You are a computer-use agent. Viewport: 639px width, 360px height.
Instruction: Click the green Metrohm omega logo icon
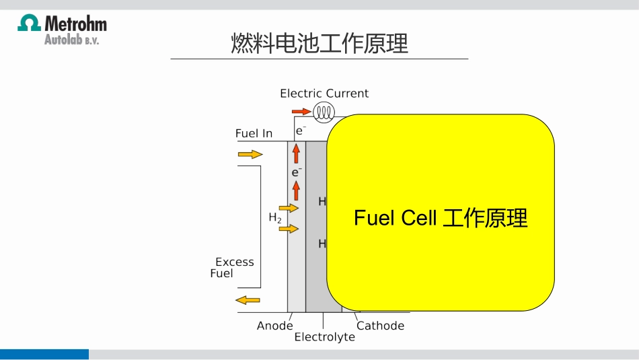[x=29, y=24]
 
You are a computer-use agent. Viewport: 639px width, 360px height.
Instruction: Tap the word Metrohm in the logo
[x=75, y=24]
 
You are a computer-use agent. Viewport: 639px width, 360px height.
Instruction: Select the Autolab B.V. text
[x=71, y=40]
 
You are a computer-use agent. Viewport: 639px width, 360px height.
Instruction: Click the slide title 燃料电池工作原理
[x=319, y=44]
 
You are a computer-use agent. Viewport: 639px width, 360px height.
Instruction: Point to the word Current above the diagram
[x=347, y=94]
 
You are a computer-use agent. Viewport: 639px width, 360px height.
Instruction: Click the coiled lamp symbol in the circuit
[x=324, y=111]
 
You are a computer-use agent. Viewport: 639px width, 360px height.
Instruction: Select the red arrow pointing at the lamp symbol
[x=301, y=111]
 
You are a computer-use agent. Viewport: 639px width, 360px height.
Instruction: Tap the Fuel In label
[x=254, y=133]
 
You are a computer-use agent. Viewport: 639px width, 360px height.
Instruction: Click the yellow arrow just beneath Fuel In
[x=250, y=155]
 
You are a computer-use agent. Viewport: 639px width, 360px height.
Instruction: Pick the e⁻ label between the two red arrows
[x=296, y=172]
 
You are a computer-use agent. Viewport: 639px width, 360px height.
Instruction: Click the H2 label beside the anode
[x=275, y=217]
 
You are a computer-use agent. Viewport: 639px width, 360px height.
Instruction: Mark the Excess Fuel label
[x=233, y=267]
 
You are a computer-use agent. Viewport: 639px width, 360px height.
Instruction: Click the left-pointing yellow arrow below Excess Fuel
[x=248, y=299]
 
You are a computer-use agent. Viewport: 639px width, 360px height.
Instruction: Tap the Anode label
[x=274, y=326]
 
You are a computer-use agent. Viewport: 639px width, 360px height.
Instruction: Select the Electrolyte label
[x=324, y=337]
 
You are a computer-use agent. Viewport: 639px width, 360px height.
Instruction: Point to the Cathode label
[x=380, y=326]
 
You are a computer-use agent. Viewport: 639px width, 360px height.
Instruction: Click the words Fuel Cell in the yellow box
[x=396, y=218]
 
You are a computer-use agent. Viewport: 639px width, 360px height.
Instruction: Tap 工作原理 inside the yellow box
[x=485, y=218]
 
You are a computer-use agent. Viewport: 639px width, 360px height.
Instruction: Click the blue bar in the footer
[x=44, y=354]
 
